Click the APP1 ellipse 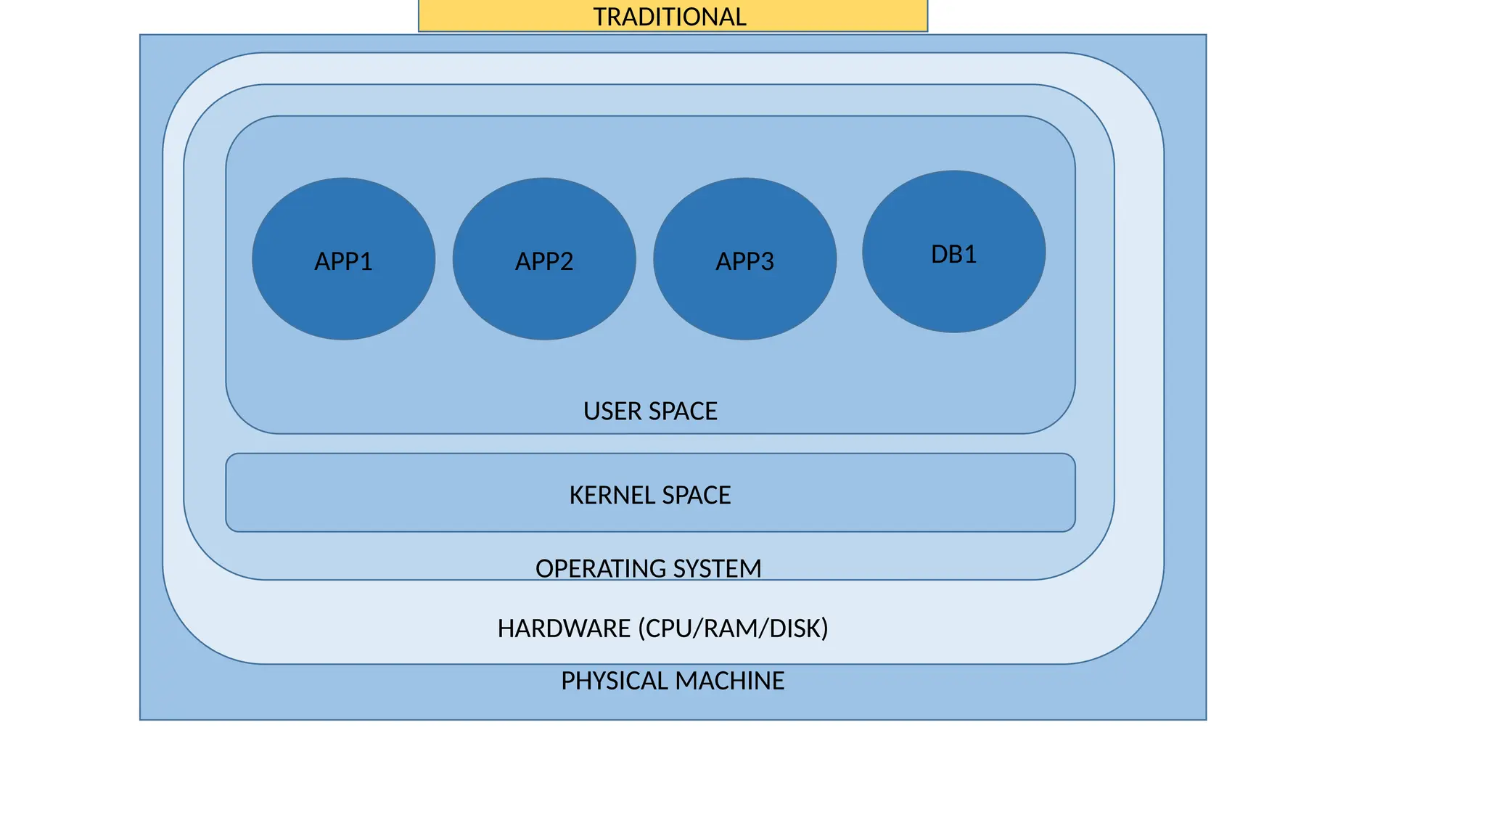(x=343, y=259)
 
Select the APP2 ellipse (x=544, y=259)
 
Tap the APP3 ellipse (x=744, y=259)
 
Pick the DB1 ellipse (x=953, y=252)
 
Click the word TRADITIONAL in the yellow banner (x=669, y=17)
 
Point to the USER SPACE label (x=650, y=411)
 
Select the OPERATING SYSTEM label (x=648, y=568)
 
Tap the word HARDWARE (x=564, y=628)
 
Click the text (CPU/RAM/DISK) (x=733, y=628)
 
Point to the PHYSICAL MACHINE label (x=673, y=681)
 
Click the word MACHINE (x=729, y=681)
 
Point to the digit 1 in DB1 (x=970, y=255)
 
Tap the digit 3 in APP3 (x=767, y=261)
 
